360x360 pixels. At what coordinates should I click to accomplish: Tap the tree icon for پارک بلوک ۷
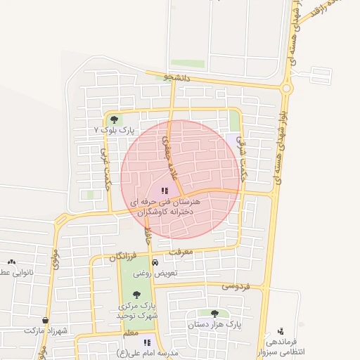click(x=114, y=120)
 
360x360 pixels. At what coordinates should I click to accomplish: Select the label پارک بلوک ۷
click(x=113, y=131)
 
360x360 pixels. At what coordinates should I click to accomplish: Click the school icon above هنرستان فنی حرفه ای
click(x=165, y=190)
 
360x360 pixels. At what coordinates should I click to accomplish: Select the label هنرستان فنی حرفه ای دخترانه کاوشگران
click(x=166, y=206)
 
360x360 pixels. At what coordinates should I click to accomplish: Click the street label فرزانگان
click(x=124, y=258)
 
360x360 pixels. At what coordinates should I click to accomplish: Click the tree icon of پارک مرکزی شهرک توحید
click(x=136, y=295)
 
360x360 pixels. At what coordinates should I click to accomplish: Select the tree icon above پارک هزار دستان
click(x=214, y=314)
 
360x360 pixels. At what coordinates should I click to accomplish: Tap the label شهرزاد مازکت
click(x=44, y=330)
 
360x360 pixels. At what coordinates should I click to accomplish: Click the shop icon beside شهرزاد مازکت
click(x=45, y=319)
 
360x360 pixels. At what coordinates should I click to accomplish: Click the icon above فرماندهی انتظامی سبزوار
click(x=281, y=330)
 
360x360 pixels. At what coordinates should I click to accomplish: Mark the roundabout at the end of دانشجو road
click(x=285, y=89)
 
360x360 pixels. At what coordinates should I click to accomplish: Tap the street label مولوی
click(x=56, y=261)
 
